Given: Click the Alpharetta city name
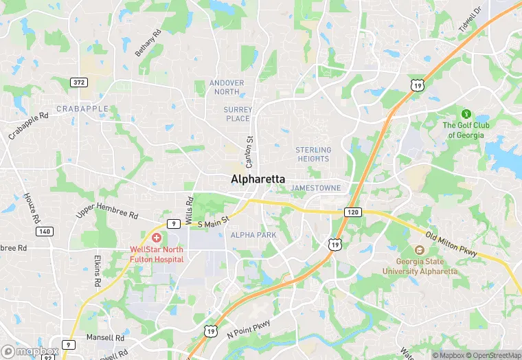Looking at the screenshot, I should point(258,179).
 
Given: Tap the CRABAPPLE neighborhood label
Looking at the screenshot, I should point(82,109).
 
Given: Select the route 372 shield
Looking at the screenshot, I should point(79,82).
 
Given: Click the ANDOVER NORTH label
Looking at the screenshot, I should point(227,87).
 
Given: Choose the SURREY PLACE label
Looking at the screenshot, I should point(238,114).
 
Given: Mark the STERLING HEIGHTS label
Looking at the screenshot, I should point(313,154).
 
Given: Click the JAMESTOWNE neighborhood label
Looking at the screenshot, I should point(316,188).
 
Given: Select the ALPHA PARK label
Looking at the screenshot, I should point(253,235).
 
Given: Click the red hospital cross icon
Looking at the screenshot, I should point(157,237).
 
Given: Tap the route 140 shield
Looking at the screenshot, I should point(44,232).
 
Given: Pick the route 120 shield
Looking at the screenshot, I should point(352,212).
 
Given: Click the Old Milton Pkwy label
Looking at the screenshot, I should point(451,245).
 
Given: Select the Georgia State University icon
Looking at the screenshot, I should point(419,251).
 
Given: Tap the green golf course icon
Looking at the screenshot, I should point(466,113).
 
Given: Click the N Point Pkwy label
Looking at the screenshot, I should point(249,329).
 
